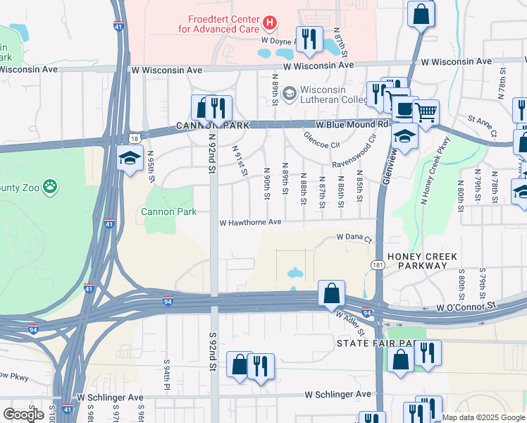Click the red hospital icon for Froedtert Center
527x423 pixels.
pyautogui.click(x=268, y=24)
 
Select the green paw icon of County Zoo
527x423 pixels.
pyautogui.click(x=50, y=187)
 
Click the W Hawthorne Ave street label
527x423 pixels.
pyautogui.click(x=250, y=222)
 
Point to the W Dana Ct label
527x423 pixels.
pyautogui.click(x=354, y=238)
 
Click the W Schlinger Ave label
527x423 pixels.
pyautogui.click(x=337, y=394)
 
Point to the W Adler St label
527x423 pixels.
pyautogui.click(x=350, y=323)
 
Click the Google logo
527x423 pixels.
pyautogui.click(x=23, y=415)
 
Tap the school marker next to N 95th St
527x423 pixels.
pyautogui.click(x=131, y=158)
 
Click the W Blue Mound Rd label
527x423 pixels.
pyautogui.click(x=352, y=124)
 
